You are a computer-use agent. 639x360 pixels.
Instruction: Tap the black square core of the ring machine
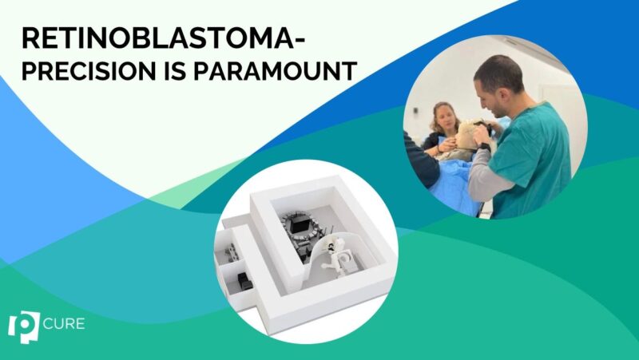point(300,227)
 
